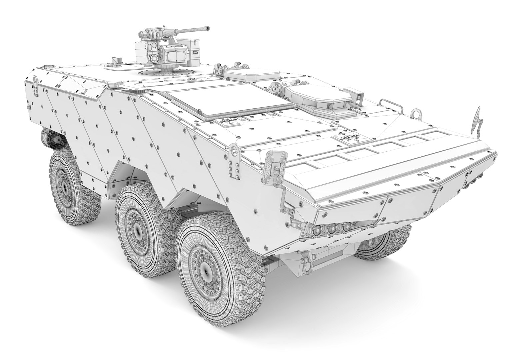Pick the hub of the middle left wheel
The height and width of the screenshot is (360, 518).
[x=137, y=230]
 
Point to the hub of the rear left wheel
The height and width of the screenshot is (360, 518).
[x=63, y=188]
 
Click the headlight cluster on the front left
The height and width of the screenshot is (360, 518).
[x=330, y=228]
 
